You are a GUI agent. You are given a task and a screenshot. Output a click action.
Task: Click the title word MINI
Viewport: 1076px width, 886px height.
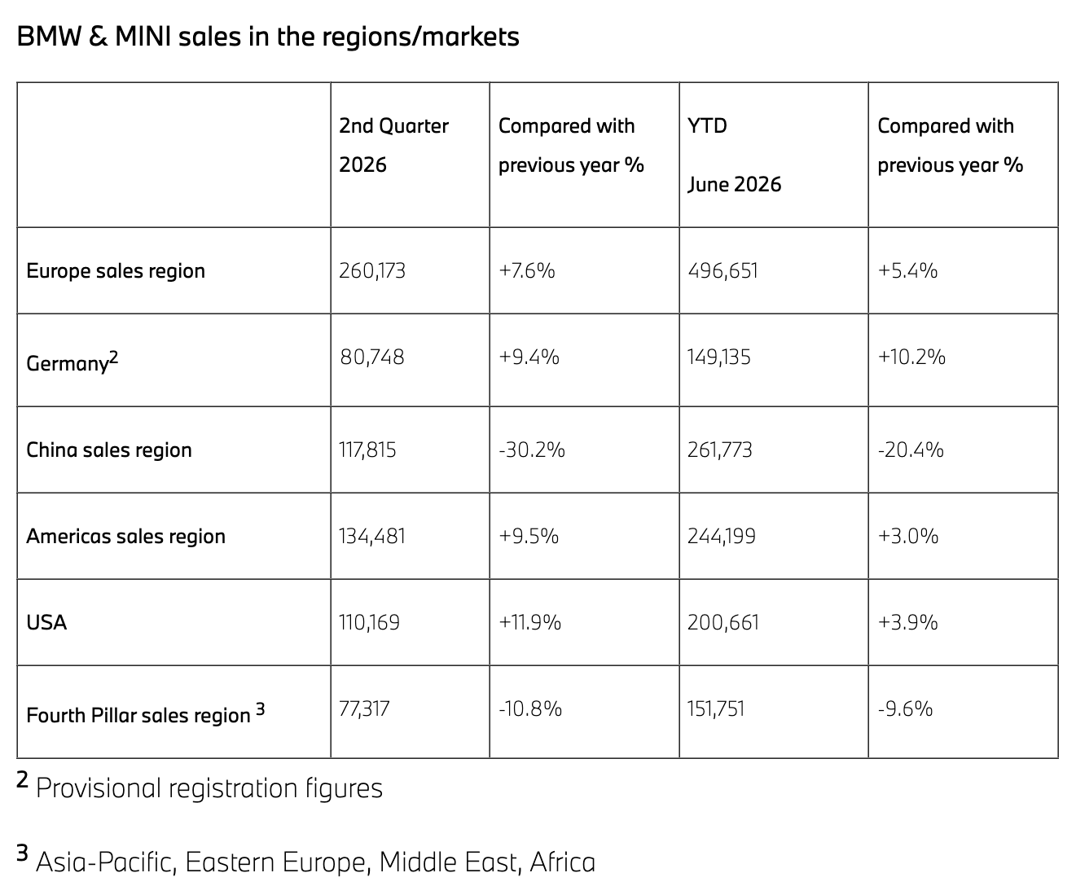143,37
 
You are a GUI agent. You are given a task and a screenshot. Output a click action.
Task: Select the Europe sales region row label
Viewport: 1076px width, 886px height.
116,271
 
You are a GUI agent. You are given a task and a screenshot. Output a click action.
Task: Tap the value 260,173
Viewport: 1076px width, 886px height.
372,271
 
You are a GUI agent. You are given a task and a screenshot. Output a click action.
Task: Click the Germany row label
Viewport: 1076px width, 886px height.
72,362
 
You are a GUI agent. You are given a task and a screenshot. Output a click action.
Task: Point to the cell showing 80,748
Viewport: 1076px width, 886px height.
372,357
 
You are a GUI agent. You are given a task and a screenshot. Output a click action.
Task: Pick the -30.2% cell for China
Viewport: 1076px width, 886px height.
532,450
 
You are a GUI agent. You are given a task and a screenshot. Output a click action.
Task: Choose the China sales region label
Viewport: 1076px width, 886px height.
108,450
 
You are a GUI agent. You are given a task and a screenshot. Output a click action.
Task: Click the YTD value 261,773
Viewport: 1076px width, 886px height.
720,450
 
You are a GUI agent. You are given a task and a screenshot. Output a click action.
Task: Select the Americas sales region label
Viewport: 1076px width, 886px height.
125,536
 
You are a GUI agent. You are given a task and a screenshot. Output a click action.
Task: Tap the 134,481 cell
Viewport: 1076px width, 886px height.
372,536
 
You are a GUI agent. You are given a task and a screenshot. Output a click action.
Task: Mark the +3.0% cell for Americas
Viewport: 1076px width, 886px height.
908,536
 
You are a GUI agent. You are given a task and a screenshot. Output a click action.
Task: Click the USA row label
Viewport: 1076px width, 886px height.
46,623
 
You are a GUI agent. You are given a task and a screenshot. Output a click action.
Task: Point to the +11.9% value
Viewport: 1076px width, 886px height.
529,623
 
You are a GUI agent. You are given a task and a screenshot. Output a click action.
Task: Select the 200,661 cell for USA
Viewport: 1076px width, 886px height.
723,623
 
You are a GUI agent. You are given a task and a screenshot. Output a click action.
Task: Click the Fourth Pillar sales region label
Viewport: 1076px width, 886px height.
145,713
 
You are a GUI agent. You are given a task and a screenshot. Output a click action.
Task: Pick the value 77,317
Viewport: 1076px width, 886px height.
364,708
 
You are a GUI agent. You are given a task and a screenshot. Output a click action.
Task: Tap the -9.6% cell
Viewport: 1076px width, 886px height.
906,708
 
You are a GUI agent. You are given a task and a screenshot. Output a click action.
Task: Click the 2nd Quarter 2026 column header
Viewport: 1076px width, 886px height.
393,145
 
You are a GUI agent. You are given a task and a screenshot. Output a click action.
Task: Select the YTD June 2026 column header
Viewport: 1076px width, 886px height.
735,155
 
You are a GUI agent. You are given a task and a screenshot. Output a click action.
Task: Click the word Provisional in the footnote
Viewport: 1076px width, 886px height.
99,788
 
